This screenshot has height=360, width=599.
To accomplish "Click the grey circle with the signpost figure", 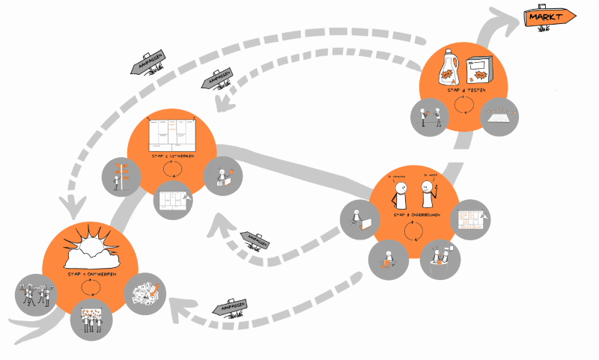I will coord(121,177).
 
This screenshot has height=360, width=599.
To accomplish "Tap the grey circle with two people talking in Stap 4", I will coord(430,117).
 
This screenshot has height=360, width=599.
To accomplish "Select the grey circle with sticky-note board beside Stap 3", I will coord(472,220).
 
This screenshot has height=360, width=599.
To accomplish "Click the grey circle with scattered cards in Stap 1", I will coord(144,293).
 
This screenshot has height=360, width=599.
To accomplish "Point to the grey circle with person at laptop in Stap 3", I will coord(359,219).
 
